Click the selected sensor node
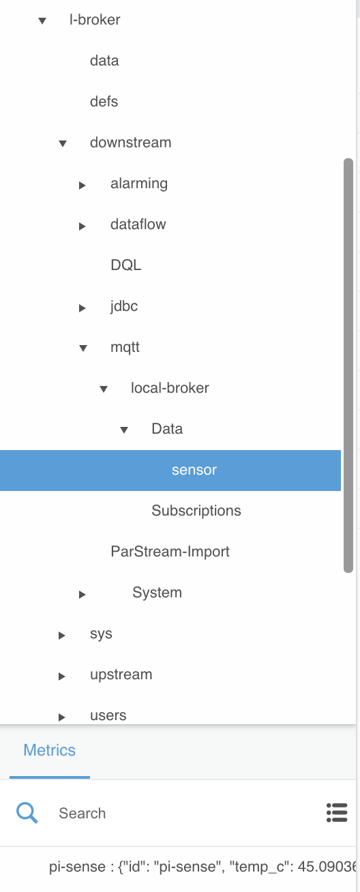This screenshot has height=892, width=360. click(194, 470)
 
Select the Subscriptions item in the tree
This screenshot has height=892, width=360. click(196, 511)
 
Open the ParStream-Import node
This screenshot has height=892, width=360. click(170, 552)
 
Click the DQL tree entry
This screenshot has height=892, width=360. click(126, 265)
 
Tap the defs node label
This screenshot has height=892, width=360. click(104, 102)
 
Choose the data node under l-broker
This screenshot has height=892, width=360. click(104, 61)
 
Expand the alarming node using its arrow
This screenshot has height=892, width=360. click(82, 185)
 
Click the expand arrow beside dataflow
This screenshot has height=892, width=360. click(82, 226)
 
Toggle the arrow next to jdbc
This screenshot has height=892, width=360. click(82, 308)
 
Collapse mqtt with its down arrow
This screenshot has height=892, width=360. click(83, 348)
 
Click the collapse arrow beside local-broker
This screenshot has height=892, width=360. click(104, 389)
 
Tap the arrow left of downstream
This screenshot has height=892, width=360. click(63, 143)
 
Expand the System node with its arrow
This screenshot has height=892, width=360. click(82, 595)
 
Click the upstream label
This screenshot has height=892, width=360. click(121, 674)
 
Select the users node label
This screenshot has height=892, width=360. click(108, 715)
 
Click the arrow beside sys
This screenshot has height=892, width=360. click(62, 635)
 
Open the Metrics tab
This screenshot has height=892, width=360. click(49, 750)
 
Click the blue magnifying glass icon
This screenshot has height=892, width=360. click(27, 813)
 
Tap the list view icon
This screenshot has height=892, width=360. click(337, 812)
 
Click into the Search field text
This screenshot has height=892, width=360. click(82, 813)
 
